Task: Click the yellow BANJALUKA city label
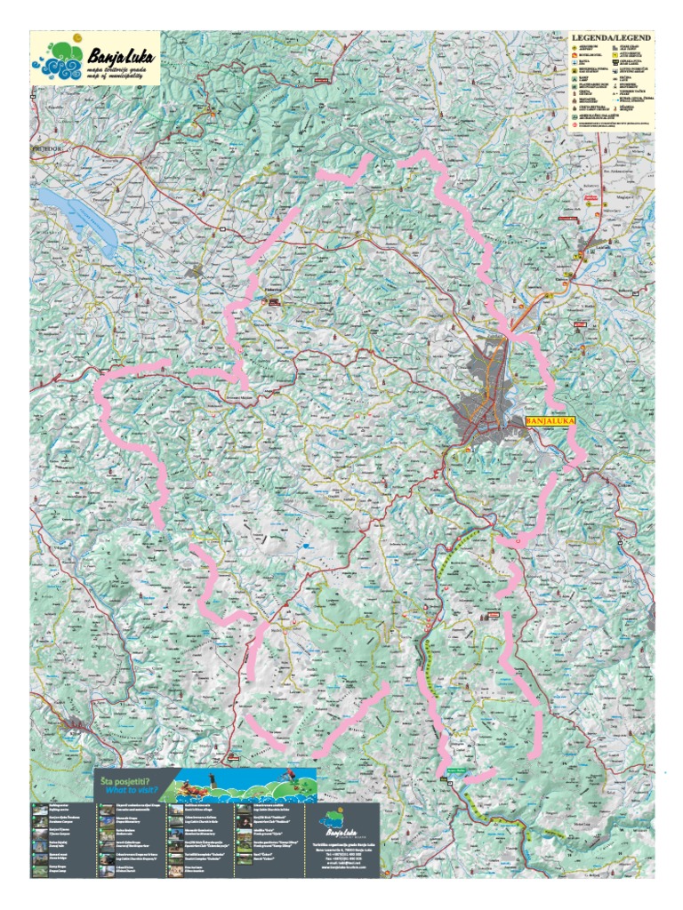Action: coord(551,422)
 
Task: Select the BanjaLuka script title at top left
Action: coord(121,56)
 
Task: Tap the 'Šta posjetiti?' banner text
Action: coord(130,779)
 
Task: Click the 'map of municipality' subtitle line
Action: coord(116,77)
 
